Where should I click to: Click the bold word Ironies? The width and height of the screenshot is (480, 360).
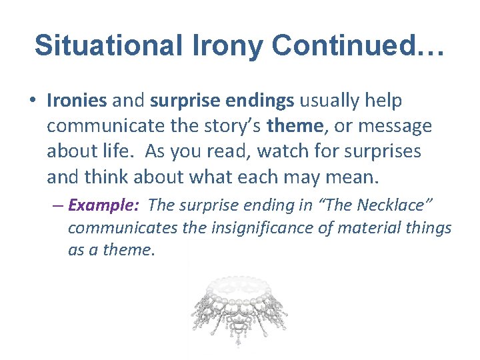point(77,101)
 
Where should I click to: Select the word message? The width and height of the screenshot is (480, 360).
point(397,126)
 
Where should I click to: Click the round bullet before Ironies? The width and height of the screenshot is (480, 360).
point(33,101)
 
